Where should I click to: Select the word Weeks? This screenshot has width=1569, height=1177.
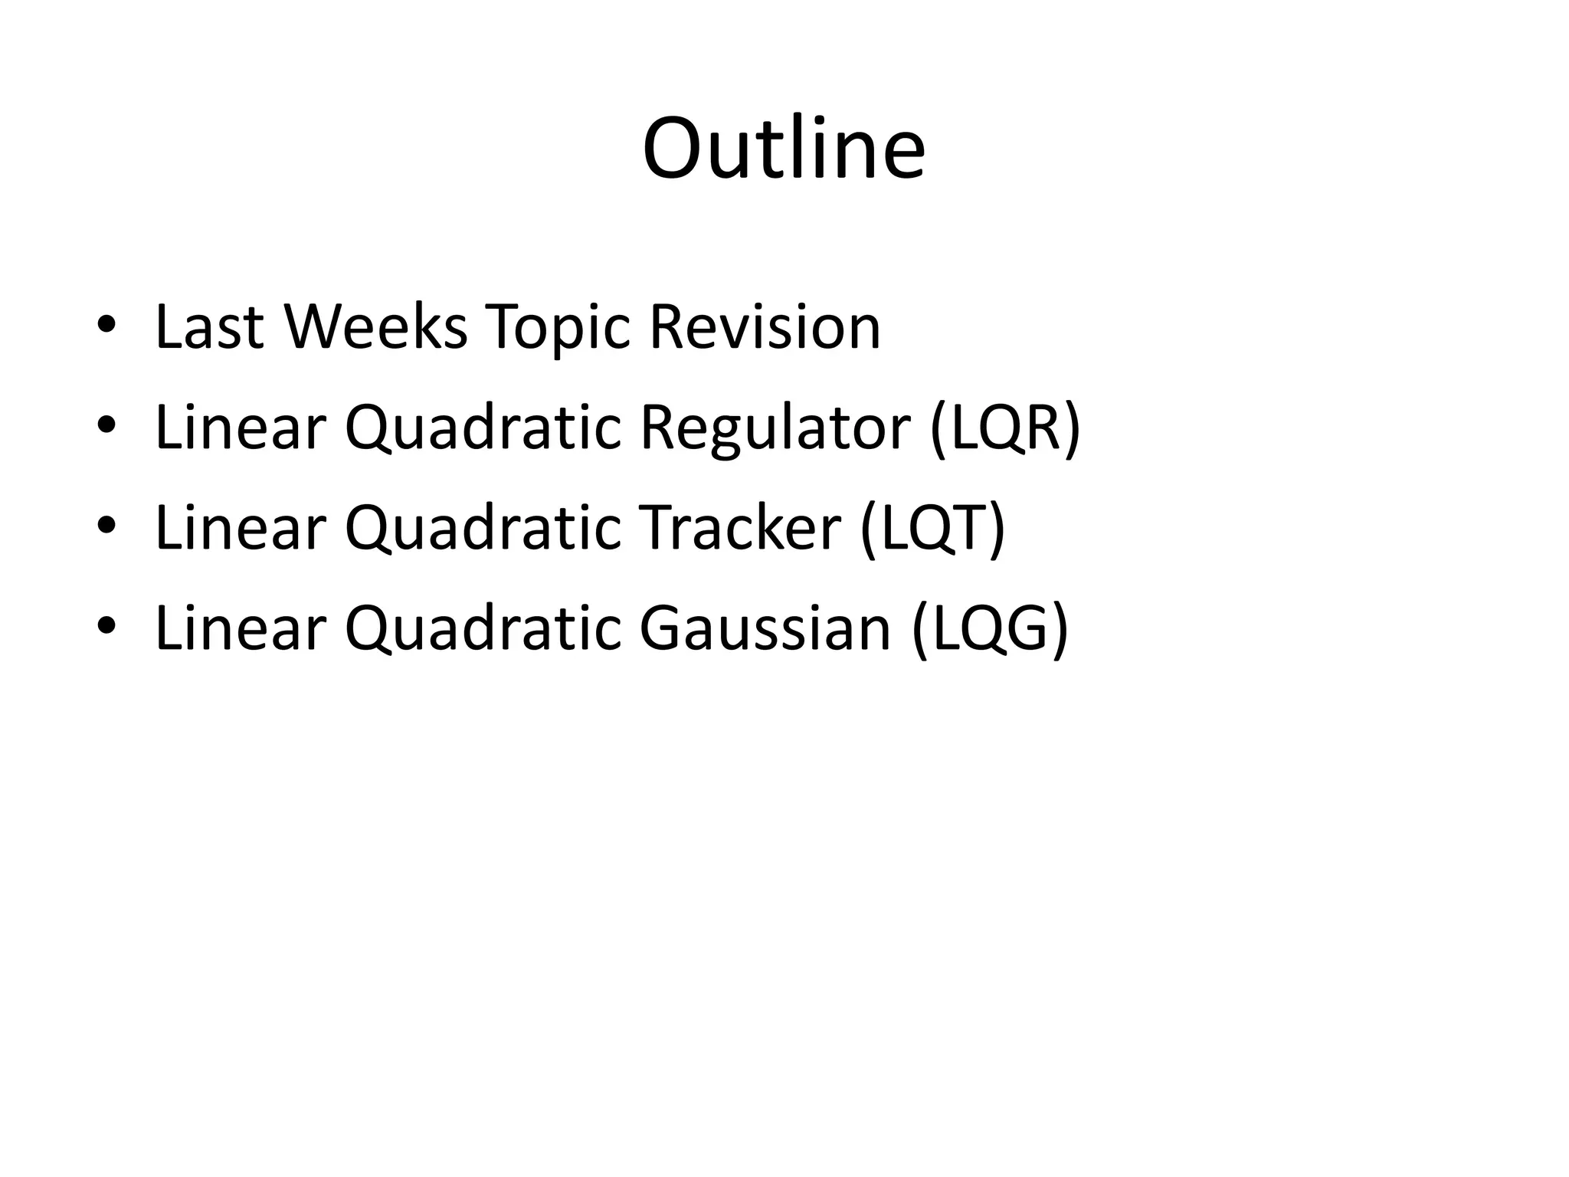pos(375,327)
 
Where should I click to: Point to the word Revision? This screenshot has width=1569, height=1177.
pos(765,327)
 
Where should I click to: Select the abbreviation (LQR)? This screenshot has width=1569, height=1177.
pos(1004,428)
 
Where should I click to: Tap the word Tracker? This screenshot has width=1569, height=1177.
pos(740,528)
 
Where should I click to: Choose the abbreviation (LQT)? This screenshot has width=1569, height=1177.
pos(932,528)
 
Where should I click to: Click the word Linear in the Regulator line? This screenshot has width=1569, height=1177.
pos(241,428)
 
